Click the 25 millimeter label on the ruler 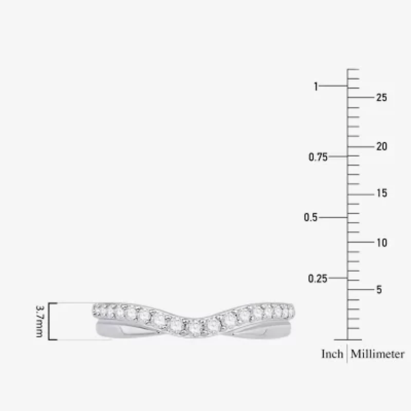[381, 98]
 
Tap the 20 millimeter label [381, 146]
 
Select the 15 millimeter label [381, 194]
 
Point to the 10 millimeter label [381, 242]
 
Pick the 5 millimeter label [379, 290]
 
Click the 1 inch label [316, 86]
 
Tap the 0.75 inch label [318, 157]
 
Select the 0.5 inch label [310, 217]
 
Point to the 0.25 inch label [318, 278]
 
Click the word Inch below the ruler [332, 354]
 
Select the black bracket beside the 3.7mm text [50, 321]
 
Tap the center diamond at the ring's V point [195, 327]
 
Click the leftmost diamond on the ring [97, 309]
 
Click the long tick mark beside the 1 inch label [334, 86]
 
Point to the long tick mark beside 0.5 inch [334, 217]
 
